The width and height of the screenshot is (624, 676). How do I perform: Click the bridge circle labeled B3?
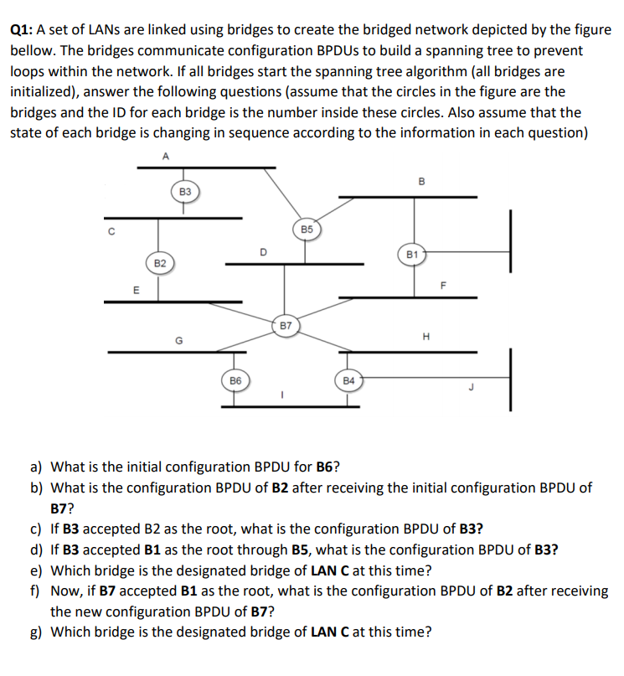185,192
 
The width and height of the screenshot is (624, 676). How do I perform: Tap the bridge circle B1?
411,253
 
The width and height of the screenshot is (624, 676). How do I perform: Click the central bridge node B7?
286,324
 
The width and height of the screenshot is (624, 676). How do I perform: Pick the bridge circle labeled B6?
235,379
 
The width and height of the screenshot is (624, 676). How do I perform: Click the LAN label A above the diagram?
165,155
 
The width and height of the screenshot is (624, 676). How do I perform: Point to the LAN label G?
178,340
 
